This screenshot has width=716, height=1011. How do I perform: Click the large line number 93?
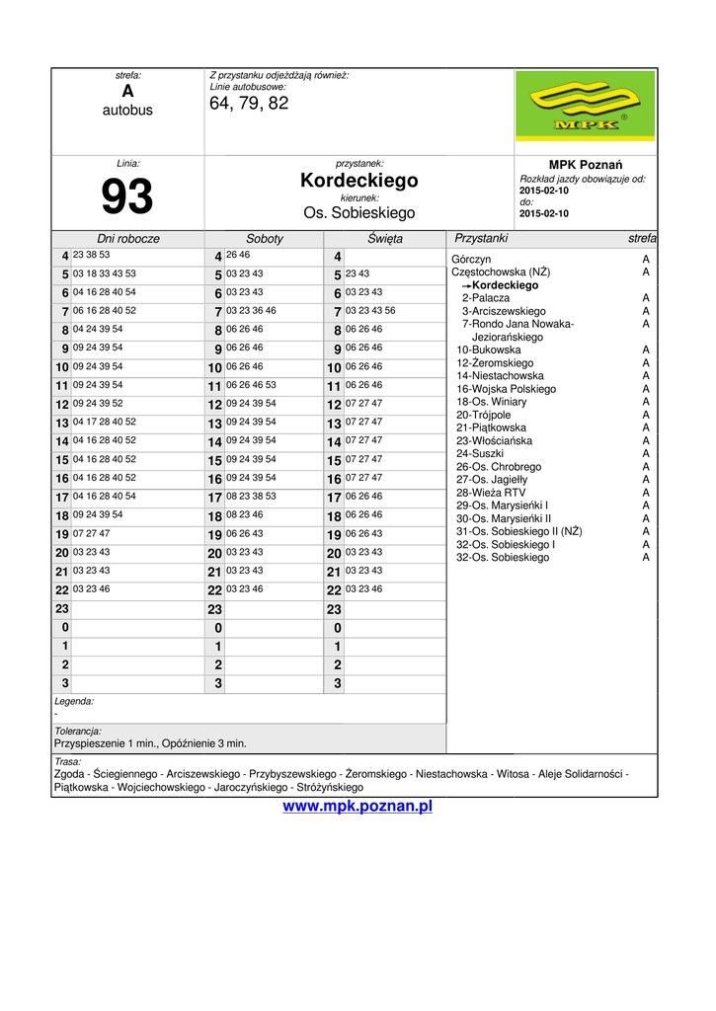127,196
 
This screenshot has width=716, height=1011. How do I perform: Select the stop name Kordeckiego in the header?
359,181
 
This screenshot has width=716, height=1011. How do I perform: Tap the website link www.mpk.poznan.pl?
358,807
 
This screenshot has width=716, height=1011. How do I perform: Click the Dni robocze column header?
127,239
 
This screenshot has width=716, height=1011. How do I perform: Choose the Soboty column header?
265,239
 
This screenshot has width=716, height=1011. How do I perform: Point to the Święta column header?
385,239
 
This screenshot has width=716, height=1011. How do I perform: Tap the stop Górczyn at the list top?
471,259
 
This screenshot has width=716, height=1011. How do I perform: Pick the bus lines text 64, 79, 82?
249,104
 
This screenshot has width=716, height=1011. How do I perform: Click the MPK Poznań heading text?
586,165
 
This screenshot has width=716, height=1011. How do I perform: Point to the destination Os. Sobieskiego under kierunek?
359,213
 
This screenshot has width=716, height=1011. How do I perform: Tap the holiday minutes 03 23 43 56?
370,310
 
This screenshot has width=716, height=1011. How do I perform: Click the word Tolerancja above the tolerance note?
78,732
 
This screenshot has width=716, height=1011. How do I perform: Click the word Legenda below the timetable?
74,701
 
